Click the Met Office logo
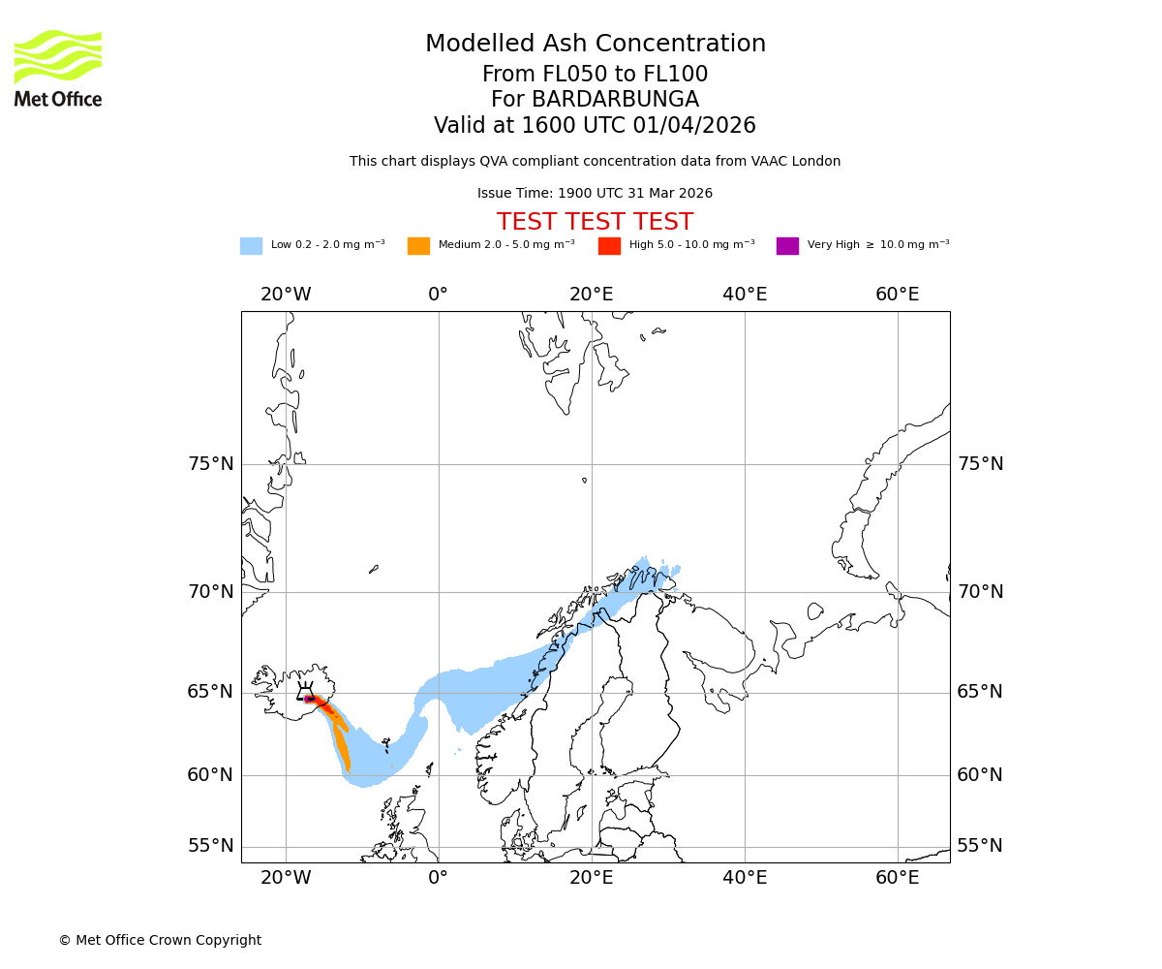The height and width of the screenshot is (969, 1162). (x=58, y=68)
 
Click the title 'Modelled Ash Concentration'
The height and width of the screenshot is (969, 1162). (x=595, y=44)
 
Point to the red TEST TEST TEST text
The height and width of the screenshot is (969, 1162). (x=595, y=222)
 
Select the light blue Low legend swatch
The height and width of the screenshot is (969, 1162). (x=251, y=245)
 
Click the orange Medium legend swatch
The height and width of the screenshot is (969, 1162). (x=418, y=245)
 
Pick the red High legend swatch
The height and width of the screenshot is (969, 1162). (x=609, y=245)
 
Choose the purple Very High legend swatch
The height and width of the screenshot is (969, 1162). (x=787, y=245)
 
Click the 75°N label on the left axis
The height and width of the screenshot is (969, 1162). (x=210, y=464)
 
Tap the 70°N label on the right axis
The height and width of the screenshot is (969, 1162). (x=980, y=592)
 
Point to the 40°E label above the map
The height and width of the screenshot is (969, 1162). (x=745, y=295)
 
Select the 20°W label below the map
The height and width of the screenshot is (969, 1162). (x=286, y=878)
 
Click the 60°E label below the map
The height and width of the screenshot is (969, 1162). (x=898, y=878)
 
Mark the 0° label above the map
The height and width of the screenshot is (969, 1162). (x=439, y=295)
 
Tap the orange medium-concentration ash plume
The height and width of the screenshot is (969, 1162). (x=342, y=746)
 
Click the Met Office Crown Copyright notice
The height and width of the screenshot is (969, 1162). (x=160, y=940)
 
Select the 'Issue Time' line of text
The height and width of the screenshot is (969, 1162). (x=595, y=193)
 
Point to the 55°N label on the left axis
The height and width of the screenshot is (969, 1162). (x=210, y=846)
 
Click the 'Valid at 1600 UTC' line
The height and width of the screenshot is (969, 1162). (x=595, y=126)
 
